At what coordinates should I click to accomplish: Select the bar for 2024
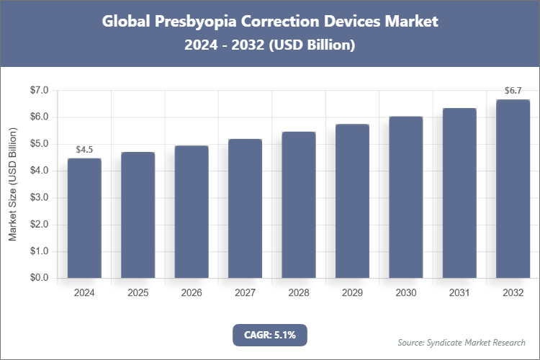click(84, 218)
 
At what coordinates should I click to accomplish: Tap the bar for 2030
click(405, 197)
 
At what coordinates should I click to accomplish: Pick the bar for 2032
click(513, 189)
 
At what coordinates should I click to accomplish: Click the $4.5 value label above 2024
click(84, 150)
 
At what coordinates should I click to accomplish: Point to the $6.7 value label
click(513, 91)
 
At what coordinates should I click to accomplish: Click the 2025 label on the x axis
click(138, 293)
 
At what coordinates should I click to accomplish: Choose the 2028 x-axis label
click(298, 293)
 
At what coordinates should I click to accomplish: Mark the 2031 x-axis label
click(459, 293)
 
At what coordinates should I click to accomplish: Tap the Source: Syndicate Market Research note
click(462, 342)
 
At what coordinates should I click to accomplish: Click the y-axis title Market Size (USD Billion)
click(13, 184)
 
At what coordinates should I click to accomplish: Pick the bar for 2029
click(352, 201)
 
